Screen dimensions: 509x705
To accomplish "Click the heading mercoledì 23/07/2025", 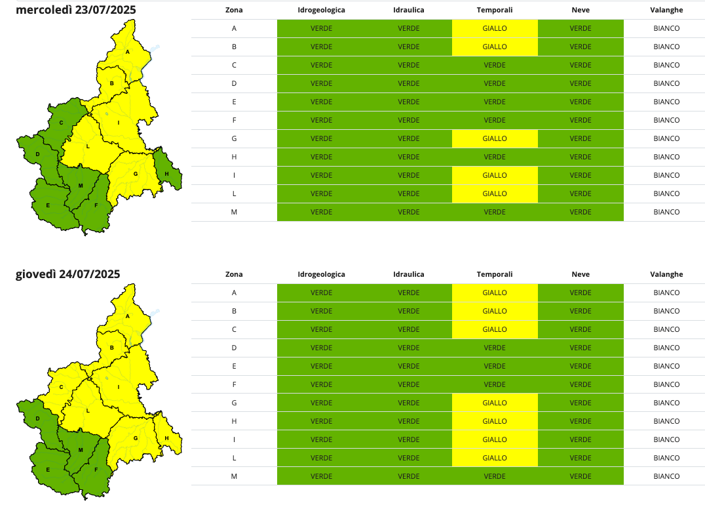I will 76,10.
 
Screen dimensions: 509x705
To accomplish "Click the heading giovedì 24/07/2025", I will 68,274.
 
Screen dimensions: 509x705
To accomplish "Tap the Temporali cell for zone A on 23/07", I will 495,28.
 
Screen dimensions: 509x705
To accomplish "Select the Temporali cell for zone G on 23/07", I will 495,138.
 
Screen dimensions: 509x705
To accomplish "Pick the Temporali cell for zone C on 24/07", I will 495,329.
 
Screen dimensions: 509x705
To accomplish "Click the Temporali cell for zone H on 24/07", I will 495,421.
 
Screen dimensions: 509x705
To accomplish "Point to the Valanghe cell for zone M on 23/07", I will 666,212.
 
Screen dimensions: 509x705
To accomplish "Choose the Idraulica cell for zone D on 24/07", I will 408,348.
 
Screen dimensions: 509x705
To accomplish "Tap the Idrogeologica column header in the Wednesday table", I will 321,10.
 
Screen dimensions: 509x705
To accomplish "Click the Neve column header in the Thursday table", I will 580,274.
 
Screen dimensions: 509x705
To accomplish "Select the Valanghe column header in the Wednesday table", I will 666,10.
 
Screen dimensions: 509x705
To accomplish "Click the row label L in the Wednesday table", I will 234,193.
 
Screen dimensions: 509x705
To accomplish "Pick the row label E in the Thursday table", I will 234,366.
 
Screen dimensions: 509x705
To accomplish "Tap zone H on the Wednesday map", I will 167,173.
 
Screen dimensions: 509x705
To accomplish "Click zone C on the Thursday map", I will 61,387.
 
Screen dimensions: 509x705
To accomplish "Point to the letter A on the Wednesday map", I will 128,52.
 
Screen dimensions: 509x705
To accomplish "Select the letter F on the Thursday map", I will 96,470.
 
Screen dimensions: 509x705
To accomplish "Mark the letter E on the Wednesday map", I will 48,205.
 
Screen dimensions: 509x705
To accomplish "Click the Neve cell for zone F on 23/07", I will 580,120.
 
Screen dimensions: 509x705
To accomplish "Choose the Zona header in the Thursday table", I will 234,274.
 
